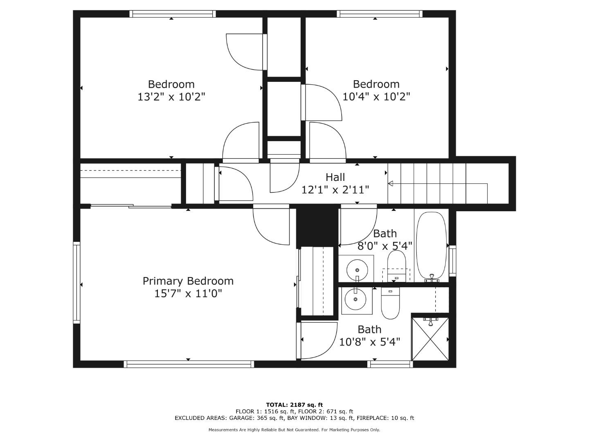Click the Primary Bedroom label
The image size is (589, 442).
[188, 281]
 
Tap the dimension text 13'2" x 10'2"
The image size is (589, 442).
[171, 97]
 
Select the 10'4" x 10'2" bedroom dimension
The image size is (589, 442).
[376, 97]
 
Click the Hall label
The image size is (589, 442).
[335, 177]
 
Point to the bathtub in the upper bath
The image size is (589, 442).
[431, 246]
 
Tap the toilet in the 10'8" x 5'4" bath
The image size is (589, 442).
[390, 303]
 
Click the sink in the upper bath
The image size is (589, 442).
[357, 270]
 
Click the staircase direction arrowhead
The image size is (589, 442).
[391, 183]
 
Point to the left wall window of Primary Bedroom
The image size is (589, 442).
[76, 282]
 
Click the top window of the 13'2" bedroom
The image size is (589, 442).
[172, 14]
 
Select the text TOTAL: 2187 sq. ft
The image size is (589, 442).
[294, 405]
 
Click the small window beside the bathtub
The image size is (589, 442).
[452, 260]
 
